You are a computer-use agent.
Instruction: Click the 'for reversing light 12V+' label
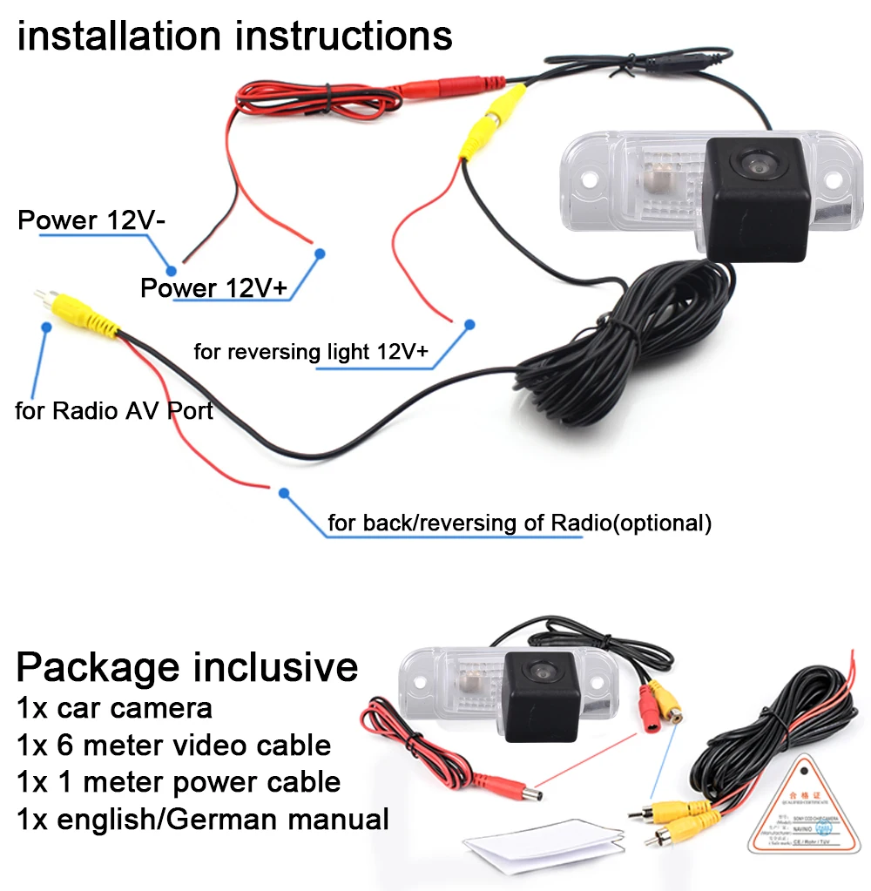coord(311,351)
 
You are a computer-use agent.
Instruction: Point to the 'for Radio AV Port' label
coord(114,410)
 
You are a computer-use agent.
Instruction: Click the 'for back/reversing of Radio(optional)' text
coord(519,523)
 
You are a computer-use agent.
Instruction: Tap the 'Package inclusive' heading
coord(187,666)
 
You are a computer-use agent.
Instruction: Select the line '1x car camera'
coord(114,707)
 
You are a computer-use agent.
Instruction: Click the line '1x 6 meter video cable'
coord(173,745)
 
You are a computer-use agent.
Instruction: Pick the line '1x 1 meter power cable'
coord(179,781)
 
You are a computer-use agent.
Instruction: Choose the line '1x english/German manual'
coord(202,819)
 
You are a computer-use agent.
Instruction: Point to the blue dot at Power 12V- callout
coord(172,271)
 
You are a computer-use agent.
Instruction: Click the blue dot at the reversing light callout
coord(469,324)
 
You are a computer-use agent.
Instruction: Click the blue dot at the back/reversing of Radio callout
coord(283,492)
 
